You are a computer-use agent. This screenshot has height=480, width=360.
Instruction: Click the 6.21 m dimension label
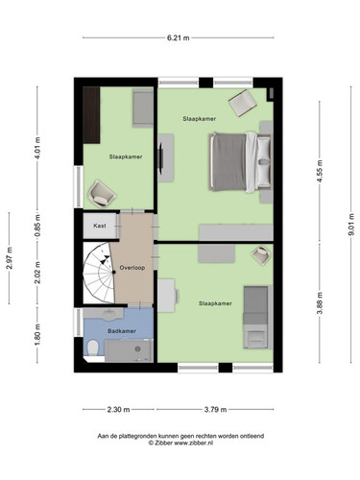pyautogui.click(x=179, y=37)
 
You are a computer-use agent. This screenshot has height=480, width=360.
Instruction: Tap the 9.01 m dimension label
pyautogui.click(x=351, y=225)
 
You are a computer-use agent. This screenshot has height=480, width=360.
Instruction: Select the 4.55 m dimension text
pyautogui.click(x=320, y=171)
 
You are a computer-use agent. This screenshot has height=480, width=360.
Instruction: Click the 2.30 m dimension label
pyautogui.click(x=118, y=409)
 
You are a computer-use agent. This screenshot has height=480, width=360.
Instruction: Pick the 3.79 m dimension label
pyautogui.click(x=215, y=409)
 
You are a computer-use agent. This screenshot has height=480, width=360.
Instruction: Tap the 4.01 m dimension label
pyautogui.click(x=37, y=148)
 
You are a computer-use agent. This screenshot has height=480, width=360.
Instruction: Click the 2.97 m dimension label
pyautogui.click(x=10, y=258)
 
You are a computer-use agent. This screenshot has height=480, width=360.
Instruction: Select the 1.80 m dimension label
pyautogui.click(x=37, y=335)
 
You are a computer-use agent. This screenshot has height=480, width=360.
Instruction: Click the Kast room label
pyautogui.click(x=100, y=226)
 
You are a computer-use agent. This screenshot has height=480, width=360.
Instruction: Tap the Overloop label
pyautogui.click(x=132, y=268)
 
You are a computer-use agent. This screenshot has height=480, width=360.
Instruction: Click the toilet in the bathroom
pyautogui.click(x=93, y=348)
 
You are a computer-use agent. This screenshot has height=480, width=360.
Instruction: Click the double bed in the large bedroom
pyautogui.click(x=240, y=162)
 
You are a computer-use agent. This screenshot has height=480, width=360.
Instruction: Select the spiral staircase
pyautogui.click(x=99, y=273)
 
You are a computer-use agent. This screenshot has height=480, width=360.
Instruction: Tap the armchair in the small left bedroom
pyautogui.click(x=102, y=194)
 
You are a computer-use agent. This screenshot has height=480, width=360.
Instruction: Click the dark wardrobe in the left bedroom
pyautogui.click(x=91, y=115)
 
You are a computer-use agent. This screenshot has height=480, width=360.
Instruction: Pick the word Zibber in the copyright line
pyautogui.click(x=163, y=443)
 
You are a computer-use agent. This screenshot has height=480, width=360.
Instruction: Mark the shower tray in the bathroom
pyautogui.click(x=129, y=350)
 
